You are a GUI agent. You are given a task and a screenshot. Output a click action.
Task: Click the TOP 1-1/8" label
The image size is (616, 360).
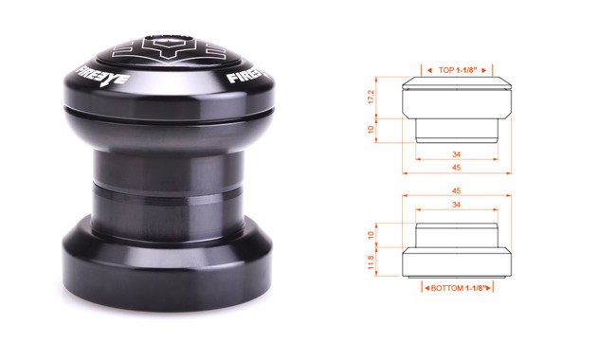pos(458,70)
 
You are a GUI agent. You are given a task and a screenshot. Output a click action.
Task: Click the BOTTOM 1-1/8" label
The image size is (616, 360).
pos(457,288)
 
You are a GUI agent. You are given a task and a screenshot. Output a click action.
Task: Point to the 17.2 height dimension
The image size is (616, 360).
pos(371,97)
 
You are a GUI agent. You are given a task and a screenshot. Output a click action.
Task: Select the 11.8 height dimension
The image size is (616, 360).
pos(371,262)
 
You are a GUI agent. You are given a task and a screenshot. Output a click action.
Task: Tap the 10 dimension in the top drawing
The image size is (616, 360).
pos(371,130)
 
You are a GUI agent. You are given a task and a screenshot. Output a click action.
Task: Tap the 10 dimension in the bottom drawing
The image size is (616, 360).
pos(371,235)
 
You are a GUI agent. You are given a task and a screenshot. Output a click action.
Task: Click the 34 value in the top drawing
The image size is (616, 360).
pos(456,154)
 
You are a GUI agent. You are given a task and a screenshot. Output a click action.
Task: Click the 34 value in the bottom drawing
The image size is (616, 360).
pos(456,205)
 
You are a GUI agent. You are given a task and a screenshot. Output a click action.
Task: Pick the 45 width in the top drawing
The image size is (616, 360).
pos(456,168)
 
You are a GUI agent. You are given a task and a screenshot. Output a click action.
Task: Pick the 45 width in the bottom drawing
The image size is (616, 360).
pos(456,191)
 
